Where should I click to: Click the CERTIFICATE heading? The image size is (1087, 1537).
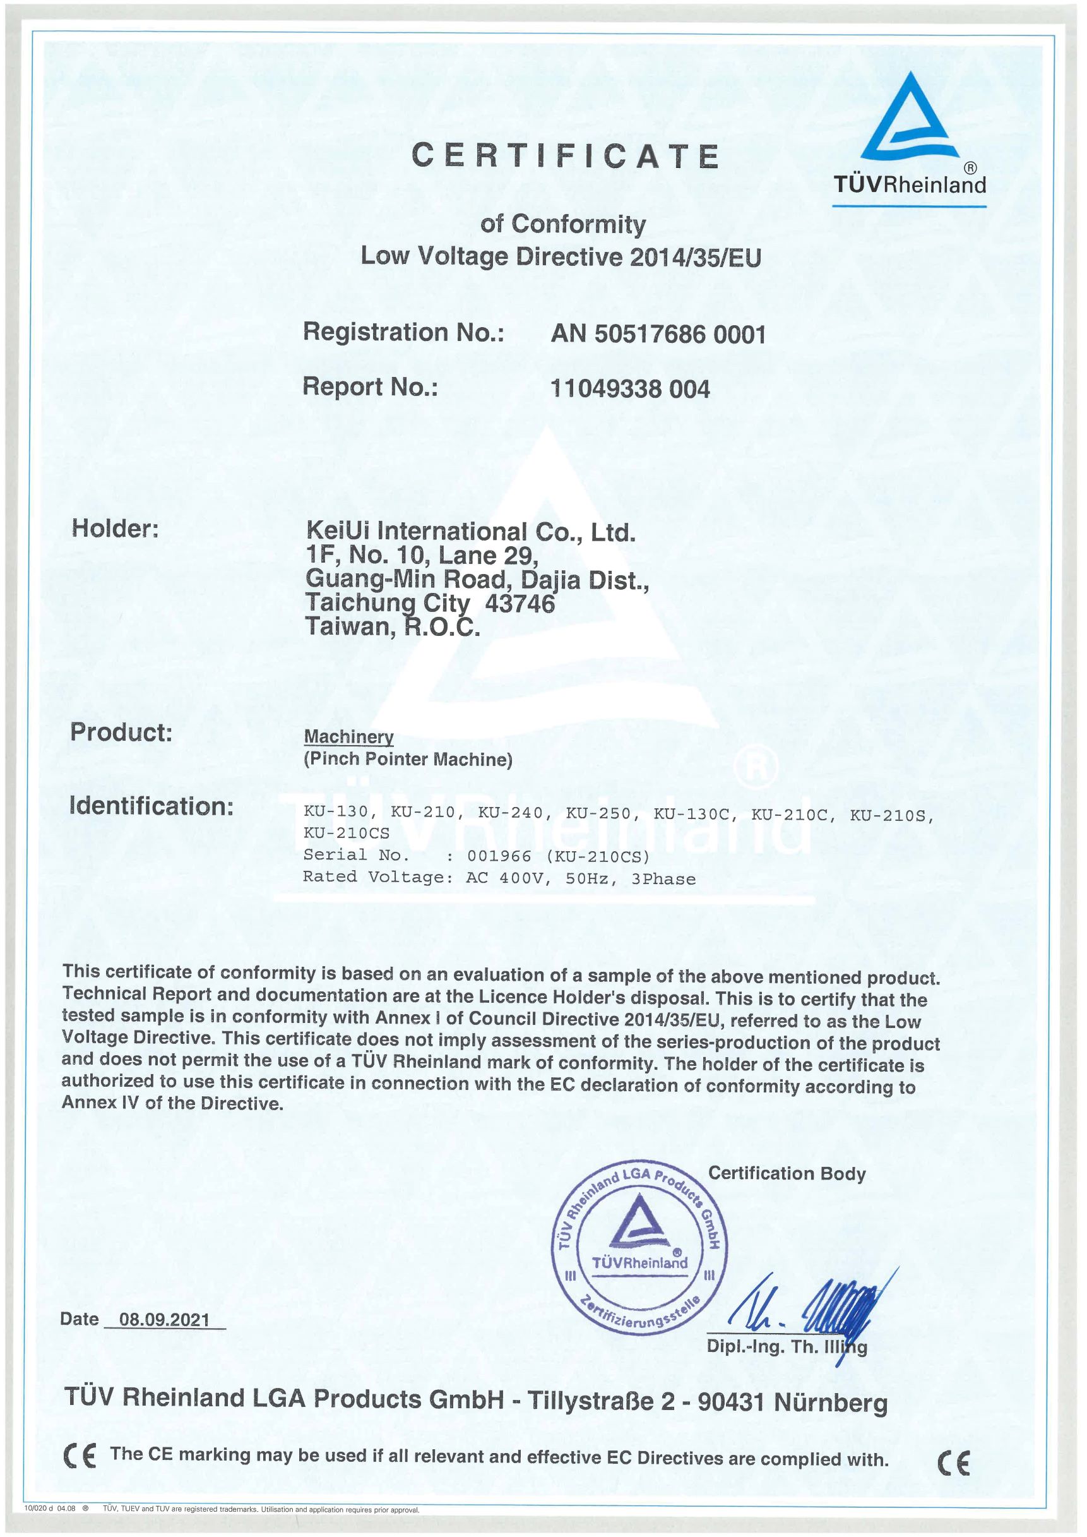[x=565, y=157]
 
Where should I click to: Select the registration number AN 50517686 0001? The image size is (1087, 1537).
[x=658, y=333]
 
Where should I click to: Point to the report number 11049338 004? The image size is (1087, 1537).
[x=630, y=388]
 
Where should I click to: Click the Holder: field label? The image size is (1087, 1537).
[x=115, y=528]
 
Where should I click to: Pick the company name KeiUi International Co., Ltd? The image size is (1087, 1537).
[x=470, y=532]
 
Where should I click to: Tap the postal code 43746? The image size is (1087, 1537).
[x=520, y=604]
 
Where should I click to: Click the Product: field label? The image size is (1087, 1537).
[x=121, y=732]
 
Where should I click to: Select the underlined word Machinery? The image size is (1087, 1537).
[x=348, y=736]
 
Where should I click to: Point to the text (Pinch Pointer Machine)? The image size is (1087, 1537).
[x=408, y=759]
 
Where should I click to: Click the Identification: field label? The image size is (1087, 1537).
[x=151, y=806]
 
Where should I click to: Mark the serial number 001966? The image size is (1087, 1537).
[x=499, y=856]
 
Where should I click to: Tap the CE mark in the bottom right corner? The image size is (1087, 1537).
[x=953, y=1466]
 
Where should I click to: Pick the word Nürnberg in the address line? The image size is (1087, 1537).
[x=830, y=1403]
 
